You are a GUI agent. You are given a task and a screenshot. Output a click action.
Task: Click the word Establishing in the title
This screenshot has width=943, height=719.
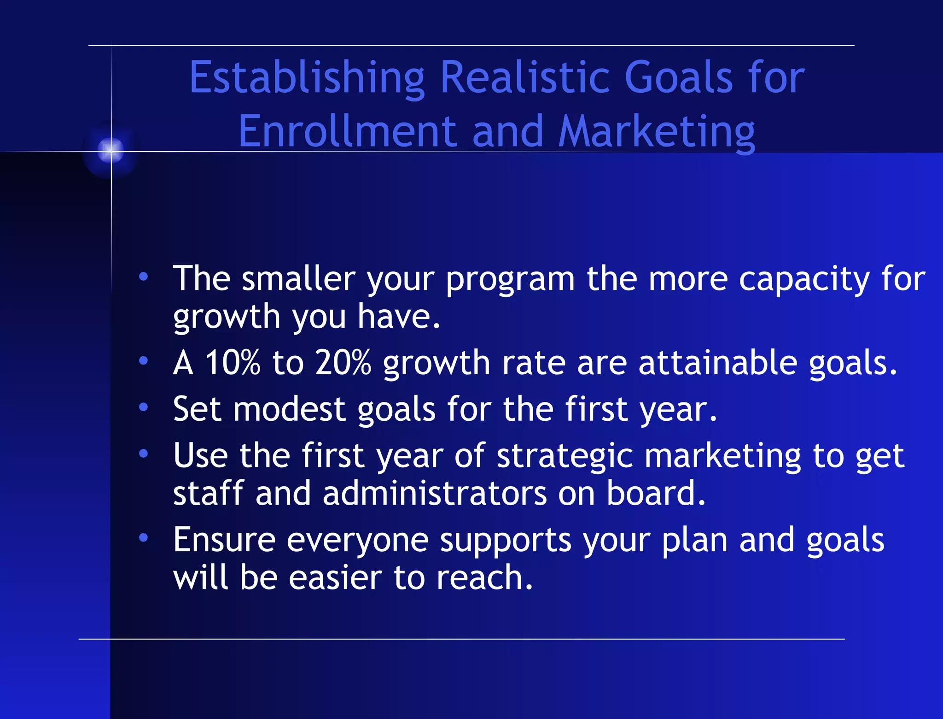click(307, 77)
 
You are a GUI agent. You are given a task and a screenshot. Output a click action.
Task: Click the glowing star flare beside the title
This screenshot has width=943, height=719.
click(111, 150)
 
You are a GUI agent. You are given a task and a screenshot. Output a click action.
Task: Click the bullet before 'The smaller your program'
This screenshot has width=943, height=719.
click(144, 277)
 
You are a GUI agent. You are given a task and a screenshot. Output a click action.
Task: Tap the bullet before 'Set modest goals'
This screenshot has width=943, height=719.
click(144, 407)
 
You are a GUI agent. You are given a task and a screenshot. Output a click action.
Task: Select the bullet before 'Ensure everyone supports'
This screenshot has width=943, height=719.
click(144, 537)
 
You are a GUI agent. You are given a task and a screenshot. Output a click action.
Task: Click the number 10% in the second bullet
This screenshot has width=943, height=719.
click(233, 362)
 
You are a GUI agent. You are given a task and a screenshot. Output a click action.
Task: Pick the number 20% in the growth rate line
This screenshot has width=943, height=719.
click(343, 362)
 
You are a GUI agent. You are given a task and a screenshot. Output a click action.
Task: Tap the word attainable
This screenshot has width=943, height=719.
click(718, 362)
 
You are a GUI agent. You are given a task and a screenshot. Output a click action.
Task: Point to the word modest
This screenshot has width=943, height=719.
click(289, 409)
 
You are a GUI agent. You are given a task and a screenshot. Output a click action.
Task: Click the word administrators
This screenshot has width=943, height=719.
click(435, 493)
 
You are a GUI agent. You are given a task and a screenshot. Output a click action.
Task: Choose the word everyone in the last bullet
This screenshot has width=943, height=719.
click(358, 540)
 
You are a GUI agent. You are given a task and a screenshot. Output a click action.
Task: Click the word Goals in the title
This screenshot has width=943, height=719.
click(678, 77)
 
